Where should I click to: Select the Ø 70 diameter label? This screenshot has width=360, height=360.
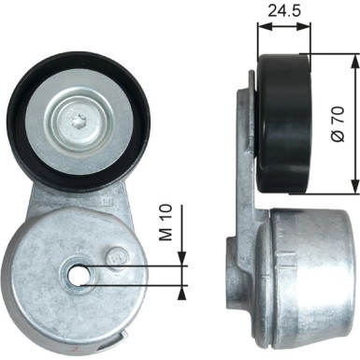coord(338,122)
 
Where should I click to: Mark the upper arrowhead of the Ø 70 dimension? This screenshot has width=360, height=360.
coord(353,60)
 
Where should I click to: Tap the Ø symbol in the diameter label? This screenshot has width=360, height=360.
coord(338,139)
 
